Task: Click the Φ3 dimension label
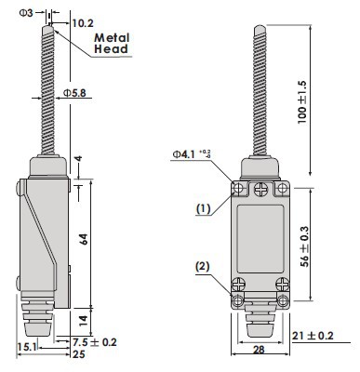pyautogui.click(x=26, y=13)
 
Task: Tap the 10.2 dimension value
pyautogui.click(x=83, y=23)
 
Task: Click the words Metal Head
pyautogui.click(x=112, y=44)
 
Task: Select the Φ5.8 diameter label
pyautogui.click(x=74, y=93)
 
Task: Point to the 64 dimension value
pyautogui.click(x=84, y=239)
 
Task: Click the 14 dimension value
pyautogui.click(x=84, y=321)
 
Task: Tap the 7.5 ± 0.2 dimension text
pyautogui.click(x=95, y=342)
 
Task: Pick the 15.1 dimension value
pyautogui.click(x=27, y=347)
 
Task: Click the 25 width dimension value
pyautogui.click(x=78, y=354)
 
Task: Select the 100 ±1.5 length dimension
pyautogui.click(x=302, y=102)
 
